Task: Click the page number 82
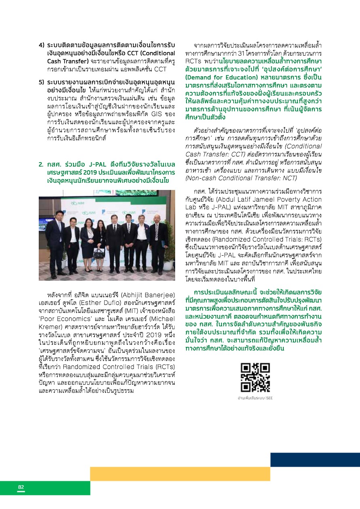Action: [21, 487]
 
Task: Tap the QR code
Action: [255, 378]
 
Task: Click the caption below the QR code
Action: [255, 398]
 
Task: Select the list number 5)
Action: [42, 82]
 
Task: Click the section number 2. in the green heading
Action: [41, 165]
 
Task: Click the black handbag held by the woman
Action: [98, 253]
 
